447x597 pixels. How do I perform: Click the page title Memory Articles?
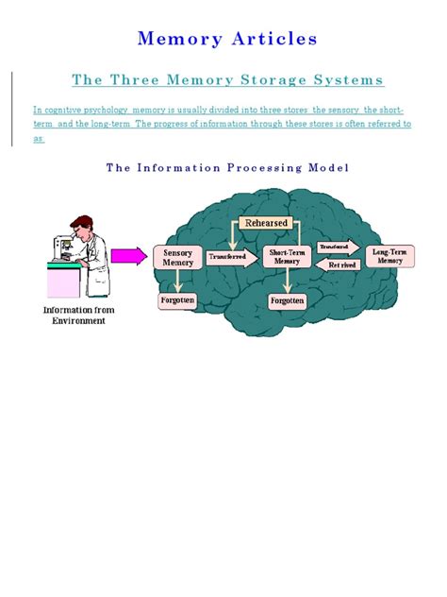[226, 39]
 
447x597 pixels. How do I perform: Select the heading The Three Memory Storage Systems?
[226, 80]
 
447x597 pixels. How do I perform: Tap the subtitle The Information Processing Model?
[227, 167]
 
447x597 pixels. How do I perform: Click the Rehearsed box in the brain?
[265, 223]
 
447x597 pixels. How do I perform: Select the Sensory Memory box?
[177, 258]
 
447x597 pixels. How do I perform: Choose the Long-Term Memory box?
[389, 256]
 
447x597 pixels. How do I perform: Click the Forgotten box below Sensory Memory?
[177, 300]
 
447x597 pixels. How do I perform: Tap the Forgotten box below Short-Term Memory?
[287, 301]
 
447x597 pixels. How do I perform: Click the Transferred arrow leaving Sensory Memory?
[229, 257]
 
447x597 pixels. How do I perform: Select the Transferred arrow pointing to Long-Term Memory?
[338, 247]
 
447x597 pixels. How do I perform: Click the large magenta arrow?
[128, 255]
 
